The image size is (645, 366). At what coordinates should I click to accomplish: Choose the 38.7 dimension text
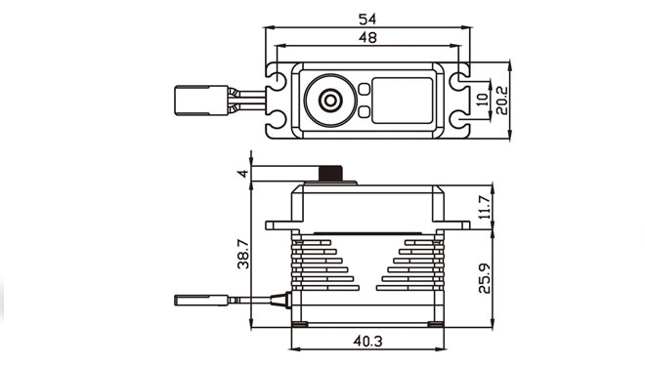tap(242, 254)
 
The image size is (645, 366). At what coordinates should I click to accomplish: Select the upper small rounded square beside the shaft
tap(364, 89)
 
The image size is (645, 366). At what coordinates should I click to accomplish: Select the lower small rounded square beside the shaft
tap(364, 111)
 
